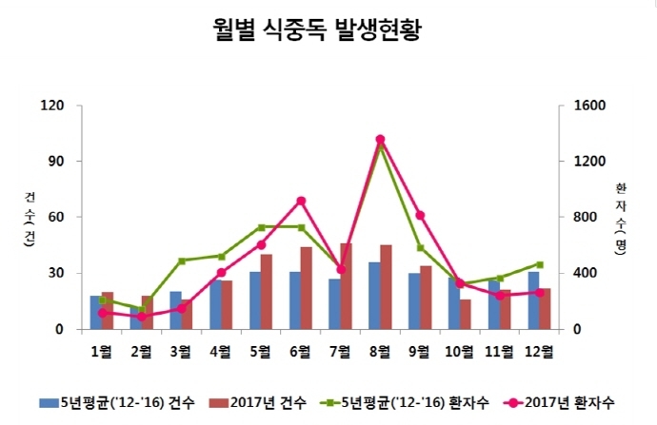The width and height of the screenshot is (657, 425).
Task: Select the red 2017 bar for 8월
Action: coord(386,287)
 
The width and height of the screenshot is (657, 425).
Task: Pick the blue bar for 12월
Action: coord(533,300)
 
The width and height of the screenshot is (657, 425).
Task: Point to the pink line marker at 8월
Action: coord(380,140)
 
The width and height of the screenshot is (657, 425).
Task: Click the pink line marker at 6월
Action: coord(301,201)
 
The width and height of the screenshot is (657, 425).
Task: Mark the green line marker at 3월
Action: coord(181,261)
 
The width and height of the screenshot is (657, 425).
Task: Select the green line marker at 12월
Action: coord(539,264)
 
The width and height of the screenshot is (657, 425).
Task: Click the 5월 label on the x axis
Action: coord(260,352)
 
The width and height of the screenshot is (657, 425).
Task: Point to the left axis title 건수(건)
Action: coord(30,217)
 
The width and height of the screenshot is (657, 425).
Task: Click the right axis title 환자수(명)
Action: coord(621,217)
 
